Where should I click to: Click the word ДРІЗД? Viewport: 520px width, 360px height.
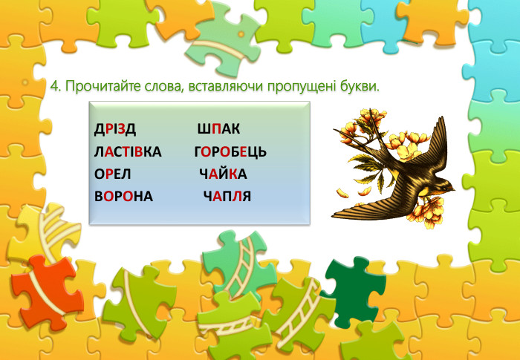click(114, 130)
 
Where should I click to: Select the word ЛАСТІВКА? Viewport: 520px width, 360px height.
click(128, 152)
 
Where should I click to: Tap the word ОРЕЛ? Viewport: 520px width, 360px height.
click(112, 174)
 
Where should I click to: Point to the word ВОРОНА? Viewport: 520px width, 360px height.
click(123, 197)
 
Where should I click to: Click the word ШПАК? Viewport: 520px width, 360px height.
click(218, 130)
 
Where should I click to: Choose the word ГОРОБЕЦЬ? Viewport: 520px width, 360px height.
click(230, 152)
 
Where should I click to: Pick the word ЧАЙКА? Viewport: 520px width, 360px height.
click(223, 174)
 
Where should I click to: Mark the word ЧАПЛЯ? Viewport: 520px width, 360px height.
click(227, 197)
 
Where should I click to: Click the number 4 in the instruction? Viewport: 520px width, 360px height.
click(54, 87)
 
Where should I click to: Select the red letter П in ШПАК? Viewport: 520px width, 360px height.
click(217, 130)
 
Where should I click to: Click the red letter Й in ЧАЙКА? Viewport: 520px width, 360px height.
click(224, 173)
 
